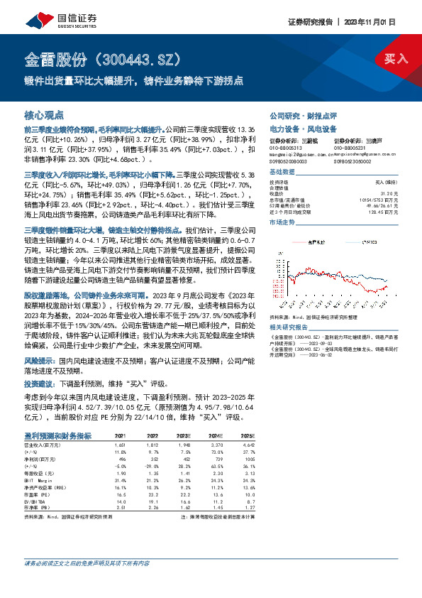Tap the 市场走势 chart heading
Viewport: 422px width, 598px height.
(x=282, y=222)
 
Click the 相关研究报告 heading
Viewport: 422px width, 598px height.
(x=288, y=327)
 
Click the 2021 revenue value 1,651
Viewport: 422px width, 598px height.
(x=121, y=442)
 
